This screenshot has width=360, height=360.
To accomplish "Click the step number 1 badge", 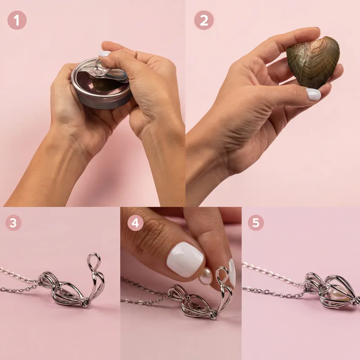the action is (17, 20).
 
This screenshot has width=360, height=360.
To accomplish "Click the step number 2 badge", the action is (204, 20).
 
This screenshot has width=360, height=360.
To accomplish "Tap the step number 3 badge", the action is (13, 223).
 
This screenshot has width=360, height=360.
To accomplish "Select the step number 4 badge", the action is (135, 223).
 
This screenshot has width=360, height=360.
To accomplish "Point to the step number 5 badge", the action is (256, 223).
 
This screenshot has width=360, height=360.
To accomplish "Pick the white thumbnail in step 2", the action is (313, 94).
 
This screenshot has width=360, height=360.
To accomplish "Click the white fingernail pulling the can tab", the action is (104, 54).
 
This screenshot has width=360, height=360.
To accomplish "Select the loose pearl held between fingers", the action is (206, 276).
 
